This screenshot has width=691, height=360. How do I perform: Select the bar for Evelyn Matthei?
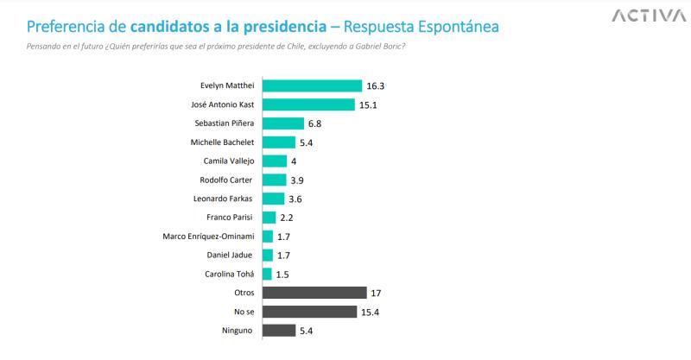point(312,85)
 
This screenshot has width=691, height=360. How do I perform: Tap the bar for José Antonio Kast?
point(308,104)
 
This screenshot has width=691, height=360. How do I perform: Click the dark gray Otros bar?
point(314,293)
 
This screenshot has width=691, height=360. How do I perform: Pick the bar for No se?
point(309,312)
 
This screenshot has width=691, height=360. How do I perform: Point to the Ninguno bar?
point(278,330)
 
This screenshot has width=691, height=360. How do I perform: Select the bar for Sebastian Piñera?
point(282,123)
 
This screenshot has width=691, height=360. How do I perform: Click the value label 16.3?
point(377,85)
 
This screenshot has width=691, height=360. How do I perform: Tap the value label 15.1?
point(370,104)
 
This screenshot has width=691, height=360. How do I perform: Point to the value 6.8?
point(315,123)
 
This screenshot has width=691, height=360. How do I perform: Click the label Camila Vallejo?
point(228,161)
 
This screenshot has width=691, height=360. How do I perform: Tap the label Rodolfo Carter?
point(227,180)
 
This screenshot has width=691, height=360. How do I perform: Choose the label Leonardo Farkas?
point(225,199)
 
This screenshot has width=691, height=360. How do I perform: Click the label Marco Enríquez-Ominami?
point(209,236)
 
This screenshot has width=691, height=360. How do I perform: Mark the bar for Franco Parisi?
point(269,218)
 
